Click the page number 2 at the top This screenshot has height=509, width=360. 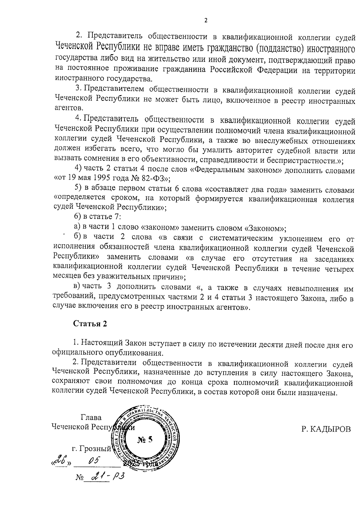coord(206,21)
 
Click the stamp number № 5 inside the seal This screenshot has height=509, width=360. coord(145,440)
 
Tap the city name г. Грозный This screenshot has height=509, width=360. coord(92,449)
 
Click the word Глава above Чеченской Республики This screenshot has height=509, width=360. coord(91,417)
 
